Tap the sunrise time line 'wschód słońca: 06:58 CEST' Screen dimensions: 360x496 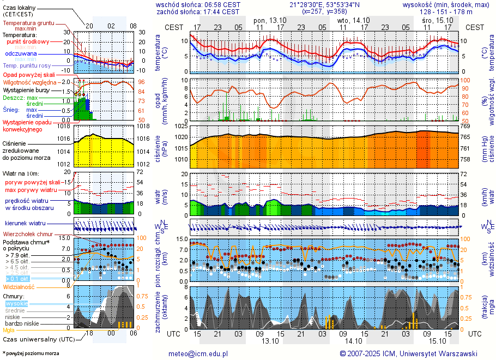point(197,4)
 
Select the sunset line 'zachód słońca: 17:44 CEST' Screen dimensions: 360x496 point(197,11)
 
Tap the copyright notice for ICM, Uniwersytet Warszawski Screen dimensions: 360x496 point(408,353)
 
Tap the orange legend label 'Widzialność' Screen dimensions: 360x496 point(19,287)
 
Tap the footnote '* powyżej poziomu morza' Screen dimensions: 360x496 point(31,353)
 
